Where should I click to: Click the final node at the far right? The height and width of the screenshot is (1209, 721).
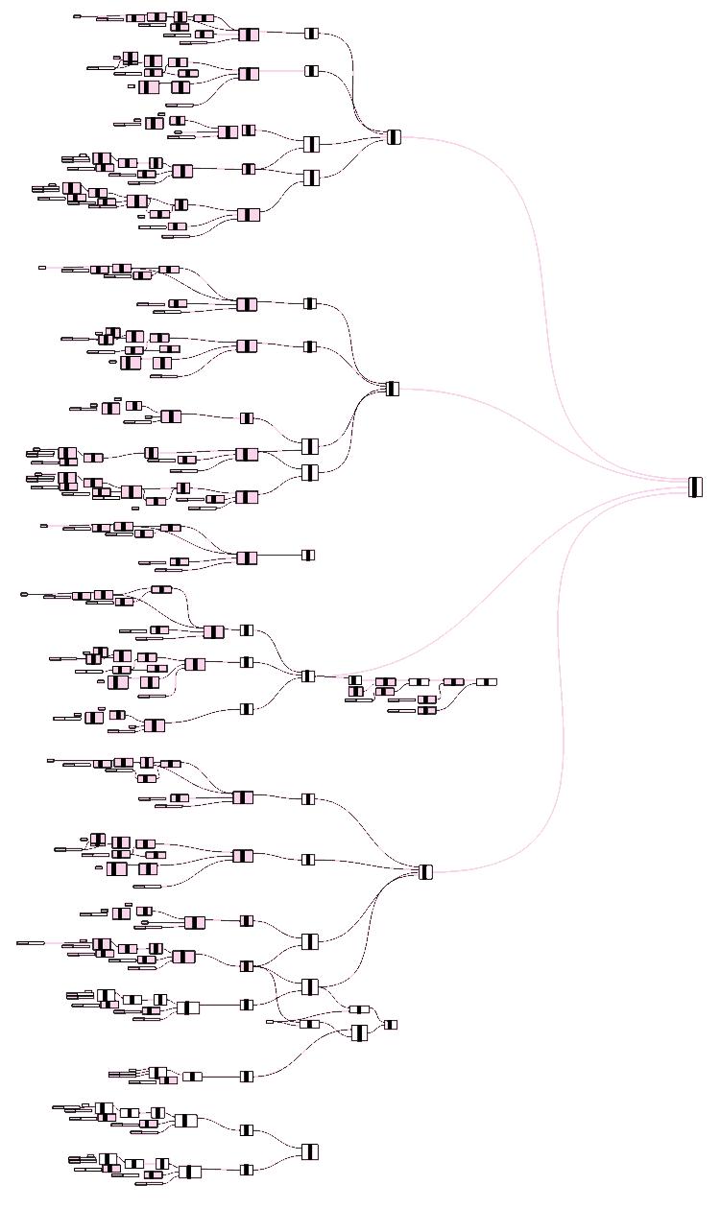coord(695,487)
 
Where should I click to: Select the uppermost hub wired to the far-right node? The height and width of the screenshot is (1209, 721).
coord(394,137)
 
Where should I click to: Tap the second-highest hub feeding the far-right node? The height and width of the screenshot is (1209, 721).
coord(392,389)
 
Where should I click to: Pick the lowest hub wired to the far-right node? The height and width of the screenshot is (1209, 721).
coord(426,871)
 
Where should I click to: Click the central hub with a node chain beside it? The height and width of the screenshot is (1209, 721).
coord(308,676)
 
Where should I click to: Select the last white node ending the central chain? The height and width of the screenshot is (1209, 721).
coord(487,682)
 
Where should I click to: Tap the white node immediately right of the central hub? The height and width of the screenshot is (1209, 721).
coord(355,680)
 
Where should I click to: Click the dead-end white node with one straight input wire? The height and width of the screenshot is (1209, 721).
coord(308,555)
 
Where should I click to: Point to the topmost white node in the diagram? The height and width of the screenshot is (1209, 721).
coord(311,34)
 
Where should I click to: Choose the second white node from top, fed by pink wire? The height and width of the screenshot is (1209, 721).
coord(311,71)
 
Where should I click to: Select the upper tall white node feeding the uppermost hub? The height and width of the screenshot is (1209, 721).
coord(310,144)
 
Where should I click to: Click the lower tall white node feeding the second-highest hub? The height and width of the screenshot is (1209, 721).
coord(309,472)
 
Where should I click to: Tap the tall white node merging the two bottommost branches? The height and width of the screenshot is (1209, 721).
coord(309,1151)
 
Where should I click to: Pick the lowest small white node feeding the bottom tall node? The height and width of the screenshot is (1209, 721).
coord(247,1170)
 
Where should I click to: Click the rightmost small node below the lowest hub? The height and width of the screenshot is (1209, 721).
coord(391,1025)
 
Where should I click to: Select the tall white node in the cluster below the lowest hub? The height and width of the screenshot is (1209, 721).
coord(359,1032)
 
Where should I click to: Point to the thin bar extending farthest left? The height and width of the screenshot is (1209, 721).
coord(30,943)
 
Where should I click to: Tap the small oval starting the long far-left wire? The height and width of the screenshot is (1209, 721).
coord(24,595)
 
